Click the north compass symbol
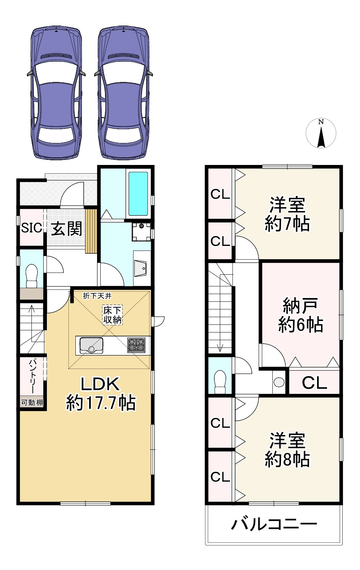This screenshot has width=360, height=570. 321,134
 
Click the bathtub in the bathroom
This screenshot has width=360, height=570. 138,193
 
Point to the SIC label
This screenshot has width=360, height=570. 31,228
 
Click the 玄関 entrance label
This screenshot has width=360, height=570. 66,229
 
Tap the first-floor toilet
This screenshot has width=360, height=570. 32,276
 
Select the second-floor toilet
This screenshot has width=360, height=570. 220,382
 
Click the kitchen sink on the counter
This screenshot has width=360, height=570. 91,345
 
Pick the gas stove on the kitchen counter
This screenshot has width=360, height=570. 136,345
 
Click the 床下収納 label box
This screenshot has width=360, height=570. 112,315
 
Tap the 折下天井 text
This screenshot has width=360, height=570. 97,296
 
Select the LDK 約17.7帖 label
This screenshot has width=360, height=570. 100,393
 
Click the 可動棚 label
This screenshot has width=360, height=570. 32,403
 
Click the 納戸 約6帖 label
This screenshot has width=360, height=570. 300,316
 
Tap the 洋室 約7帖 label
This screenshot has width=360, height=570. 287,214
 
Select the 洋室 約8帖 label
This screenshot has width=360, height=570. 287,450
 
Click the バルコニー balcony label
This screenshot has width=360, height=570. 274,524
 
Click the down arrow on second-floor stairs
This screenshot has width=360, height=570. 220,348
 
